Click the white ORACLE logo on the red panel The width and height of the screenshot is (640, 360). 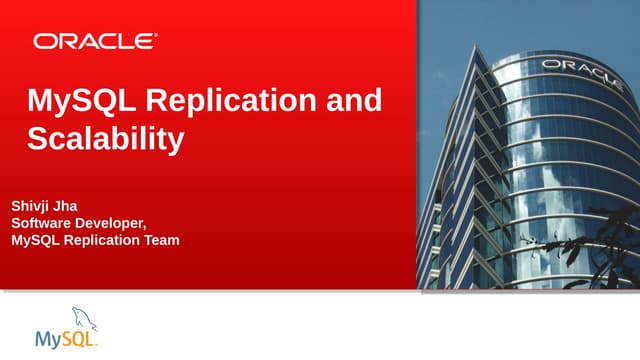point(95,41)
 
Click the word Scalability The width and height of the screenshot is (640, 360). point(105,138)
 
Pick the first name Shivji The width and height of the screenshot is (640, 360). point(31,205)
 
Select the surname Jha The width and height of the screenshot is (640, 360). point(69,205)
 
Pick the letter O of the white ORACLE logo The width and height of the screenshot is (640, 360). point(44,41)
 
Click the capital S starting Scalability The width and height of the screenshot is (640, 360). point(36,138)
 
